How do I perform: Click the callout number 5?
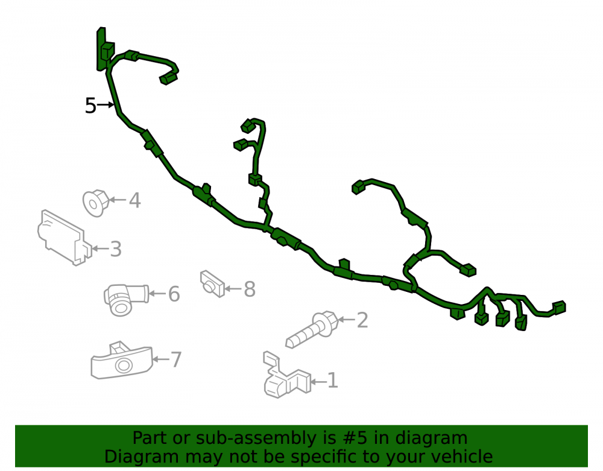pyautogui.click(x=90, y=106)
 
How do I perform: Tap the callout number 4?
pyautogui.click(x=134, y=200)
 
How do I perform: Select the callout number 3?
pyautogui.click(x=116, y=249)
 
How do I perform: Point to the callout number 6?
pyautogui.click(x=174, y=294)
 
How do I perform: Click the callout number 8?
pyautogui.click(x=250, y=289)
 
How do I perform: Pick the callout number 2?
pyautogui.click(x=362, y=320)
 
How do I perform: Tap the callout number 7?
pyautogui.click(x=175, y=360)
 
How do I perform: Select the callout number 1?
pyautogui.click(x=332, y=381)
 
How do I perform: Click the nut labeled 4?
pyautogui.click(x=96, y=203)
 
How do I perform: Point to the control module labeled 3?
pyautogui.click(x=65, y=238)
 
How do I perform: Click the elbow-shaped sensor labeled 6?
pyautogui.click(x=125, y=300)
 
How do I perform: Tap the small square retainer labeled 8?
pyautogui.click(x=212, y=284)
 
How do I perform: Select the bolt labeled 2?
pyautogui.click(x=312, y=329)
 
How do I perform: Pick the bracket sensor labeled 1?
pyautogui.click(x=286, y=376)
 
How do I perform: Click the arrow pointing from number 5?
pyautogui.click(x=106, y=104)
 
